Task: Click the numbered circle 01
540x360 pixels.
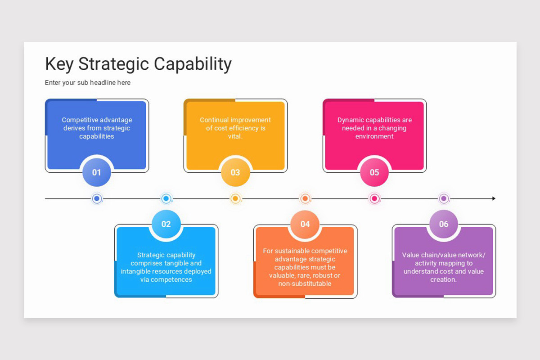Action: pos(97,172)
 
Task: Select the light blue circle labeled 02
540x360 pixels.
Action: pos(166,224)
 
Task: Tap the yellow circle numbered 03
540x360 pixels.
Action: pos(235,172)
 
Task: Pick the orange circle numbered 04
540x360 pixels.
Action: pos(305,224)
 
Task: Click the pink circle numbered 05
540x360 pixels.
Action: pos(374,172)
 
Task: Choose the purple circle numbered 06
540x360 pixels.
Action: pos(444,224)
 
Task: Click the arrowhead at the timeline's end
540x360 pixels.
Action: pos(493,198)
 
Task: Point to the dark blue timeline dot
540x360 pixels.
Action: pos(97,198)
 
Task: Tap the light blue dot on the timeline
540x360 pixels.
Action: pos(166,198)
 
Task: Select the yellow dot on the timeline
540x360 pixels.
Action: pos(235,198)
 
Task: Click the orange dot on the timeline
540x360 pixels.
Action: pos(305,198)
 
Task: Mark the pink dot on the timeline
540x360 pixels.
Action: pos(374,198)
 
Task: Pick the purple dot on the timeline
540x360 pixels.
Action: pos(444,198)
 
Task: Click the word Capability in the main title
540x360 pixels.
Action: pos(193,64)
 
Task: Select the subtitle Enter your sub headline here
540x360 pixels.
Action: pos(88,83)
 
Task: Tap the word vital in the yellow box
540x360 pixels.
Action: pos(235,136)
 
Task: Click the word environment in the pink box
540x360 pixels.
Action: pos(374,136)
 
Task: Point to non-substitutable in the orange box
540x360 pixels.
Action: pos(305,283)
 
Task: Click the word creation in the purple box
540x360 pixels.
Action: pos(443,279)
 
